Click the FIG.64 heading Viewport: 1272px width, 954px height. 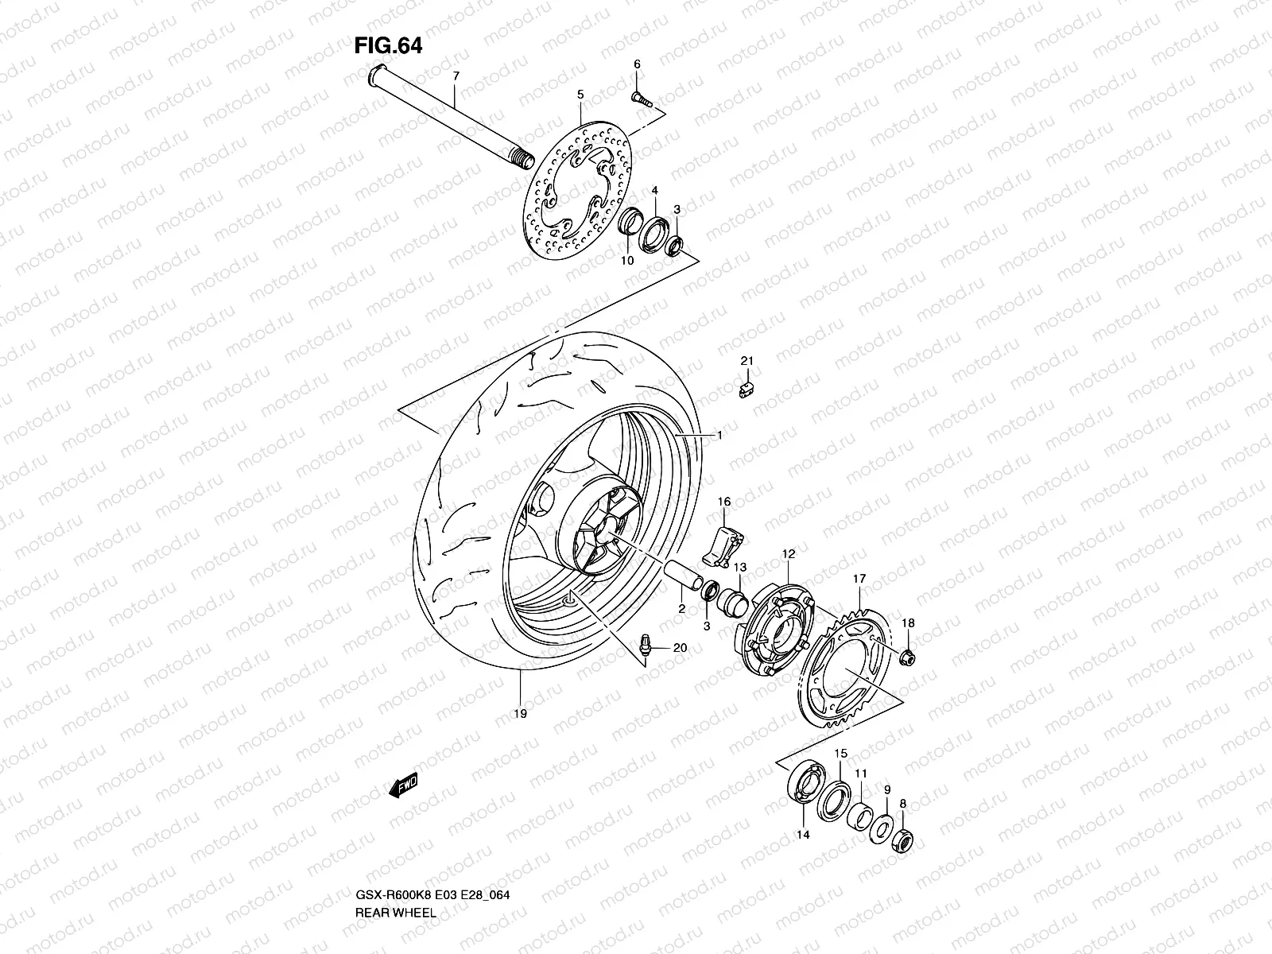click(387, 46)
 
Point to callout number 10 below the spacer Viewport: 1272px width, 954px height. click(626, 261)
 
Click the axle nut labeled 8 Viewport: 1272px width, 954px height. click(904, 839)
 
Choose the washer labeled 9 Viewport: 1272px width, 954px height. click(881, 830)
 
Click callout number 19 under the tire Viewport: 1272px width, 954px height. click(520, 715)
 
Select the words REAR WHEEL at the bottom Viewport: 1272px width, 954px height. click(394, 868)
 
